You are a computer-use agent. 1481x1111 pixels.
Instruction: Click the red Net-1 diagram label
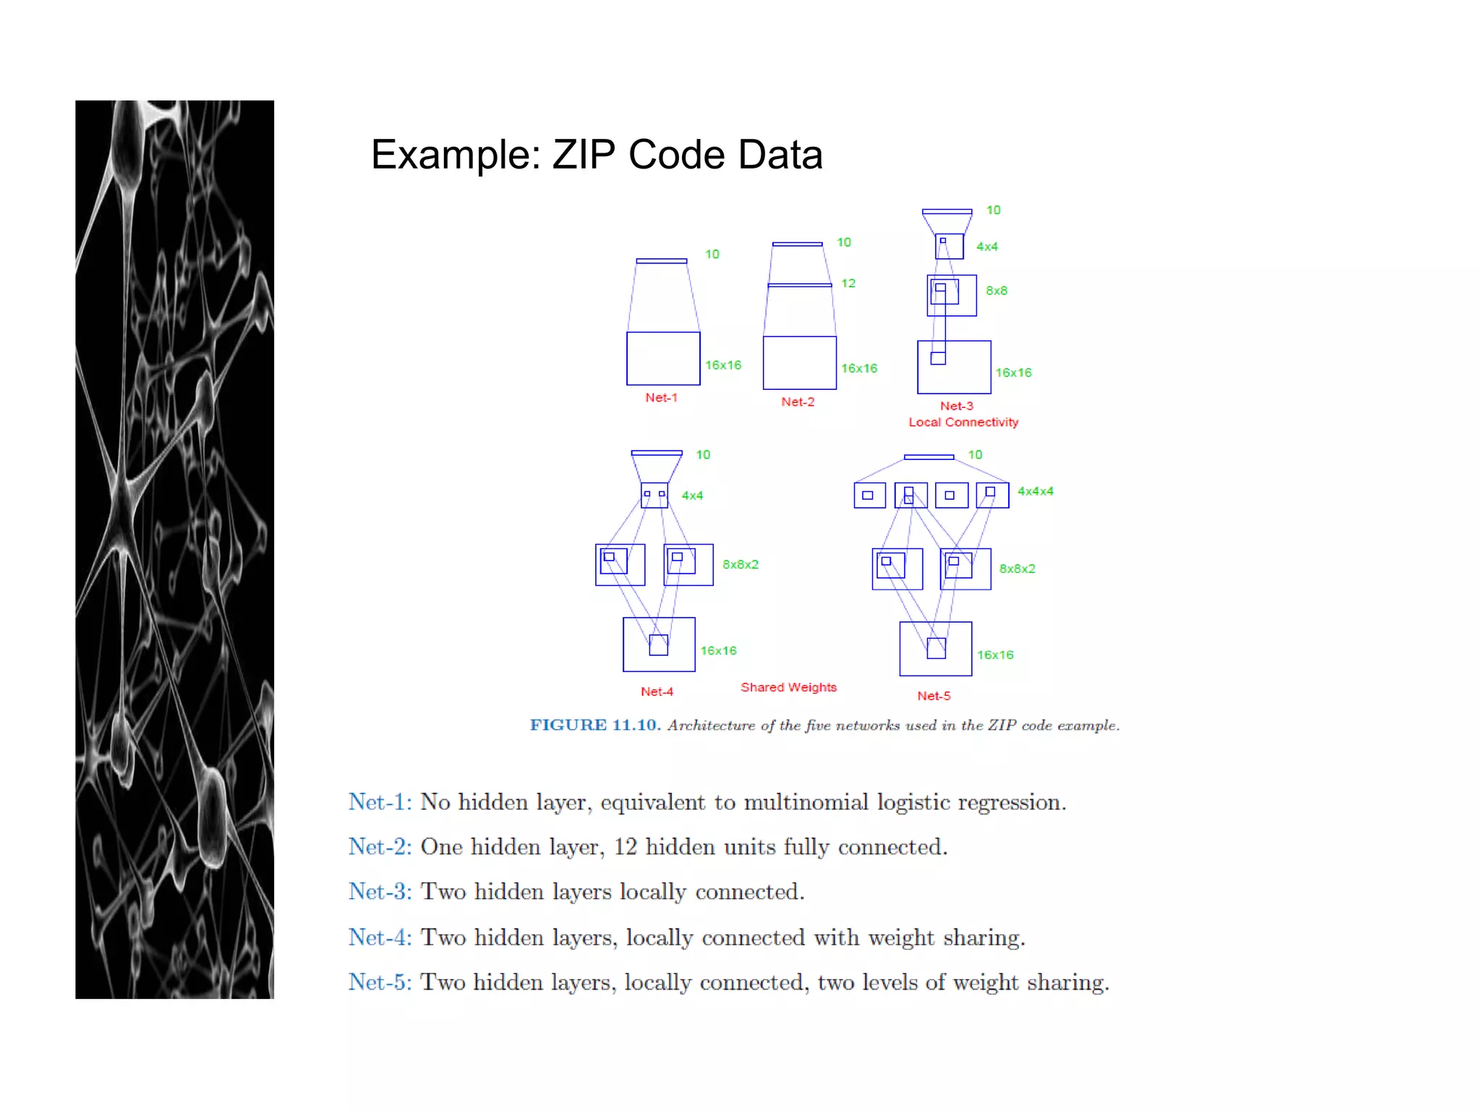[661, 398]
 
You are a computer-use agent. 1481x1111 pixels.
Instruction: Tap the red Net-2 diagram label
[798, 402]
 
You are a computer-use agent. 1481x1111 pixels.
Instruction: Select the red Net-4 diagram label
[657, 692]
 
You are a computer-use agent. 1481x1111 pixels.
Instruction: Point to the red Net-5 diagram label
[934, 697]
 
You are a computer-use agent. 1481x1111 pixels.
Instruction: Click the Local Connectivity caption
[963, 422]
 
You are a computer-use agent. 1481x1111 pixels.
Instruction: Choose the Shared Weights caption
[788, 687]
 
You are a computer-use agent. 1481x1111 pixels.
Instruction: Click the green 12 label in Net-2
[848, 284]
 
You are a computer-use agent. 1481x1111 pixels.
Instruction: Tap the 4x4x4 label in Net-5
[1035, 491]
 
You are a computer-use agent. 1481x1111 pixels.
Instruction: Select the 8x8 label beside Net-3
[996, 291]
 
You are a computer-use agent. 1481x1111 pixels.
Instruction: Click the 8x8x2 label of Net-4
[740, 565]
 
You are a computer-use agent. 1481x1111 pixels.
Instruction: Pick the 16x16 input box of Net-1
[663, 359]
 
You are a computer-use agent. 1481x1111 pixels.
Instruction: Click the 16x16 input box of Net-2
[800, 363]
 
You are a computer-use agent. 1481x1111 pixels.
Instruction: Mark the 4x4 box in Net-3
[949, 247]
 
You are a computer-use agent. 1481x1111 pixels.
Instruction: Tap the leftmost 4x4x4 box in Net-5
[869, 495]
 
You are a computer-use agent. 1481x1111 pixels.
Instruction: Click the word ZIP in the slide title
[584, 155]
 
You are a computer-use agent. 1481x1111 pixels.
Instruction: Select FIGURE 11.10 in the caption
[595, 725]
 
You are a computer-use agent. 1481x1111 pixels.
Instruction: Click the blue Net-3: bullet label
[380, 892]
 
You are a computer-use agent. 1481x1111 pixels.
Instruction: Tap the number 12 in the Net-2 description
[625, 847]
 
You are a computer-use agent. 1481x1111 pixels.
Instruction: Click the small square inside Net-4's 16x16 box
[658, 645]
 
